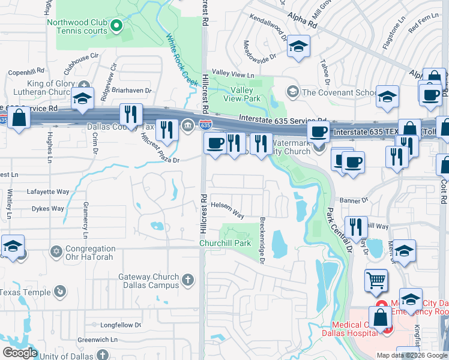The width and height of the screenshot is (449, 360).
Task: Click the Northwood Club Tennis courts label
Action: tap(82, 27)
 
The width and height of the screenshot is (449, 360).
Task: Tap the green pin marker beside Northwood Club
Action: tap(118, 25)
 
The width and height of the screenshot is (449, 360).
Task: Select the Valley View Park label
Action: tap(241, 94)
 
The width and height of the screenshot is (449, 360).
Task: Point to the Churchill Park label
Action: tap(224, 243)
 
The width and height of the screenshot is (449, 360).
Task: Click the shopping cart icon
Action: tap(376, 280)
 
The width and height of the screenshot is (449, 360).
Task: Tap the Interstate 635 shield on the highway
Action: tap(205, 125)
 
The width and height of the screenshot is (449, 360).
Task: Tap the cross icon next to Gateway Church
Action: tap(188, 279)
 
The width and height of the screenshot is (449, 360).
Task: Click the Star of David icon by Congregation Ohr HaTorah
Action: tap(56, 250)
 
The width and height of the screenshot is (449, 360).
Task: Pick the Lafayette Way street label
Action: tap(48, 192)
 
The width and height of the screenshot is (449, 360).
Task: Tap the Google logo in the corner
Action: tap(20, 353)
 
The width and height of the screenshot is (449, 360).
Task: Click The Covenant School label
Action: tap(339, 92)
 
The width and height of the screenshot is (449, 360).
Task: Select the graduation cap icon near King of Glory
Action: tap(82, 99)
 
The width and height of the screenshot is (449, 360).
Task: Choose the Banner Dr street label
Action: tap(355, 200)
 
